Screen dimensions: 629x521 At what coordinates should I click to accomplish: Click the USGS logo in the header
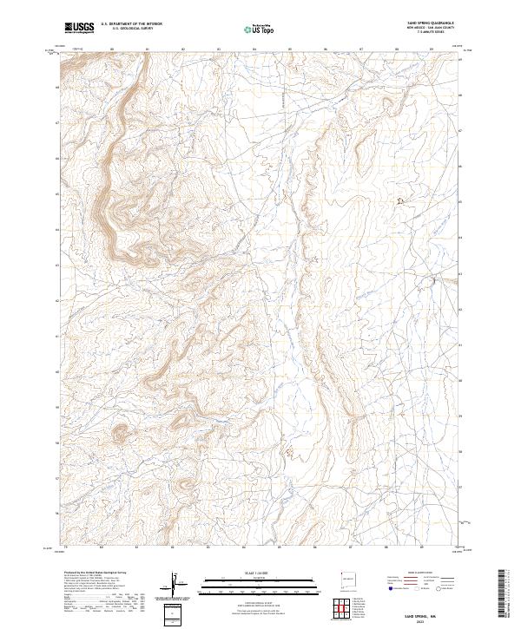click(79, 29)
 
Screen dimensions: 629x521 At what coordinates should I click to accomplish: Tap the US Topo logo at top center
click(259, 29)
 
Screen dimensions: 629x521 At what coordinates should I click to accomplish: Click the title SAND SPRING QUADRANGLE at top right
click(429, 23)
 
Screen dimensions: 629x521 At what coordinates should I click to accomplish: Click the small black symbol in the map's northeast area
click(400, 201)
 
